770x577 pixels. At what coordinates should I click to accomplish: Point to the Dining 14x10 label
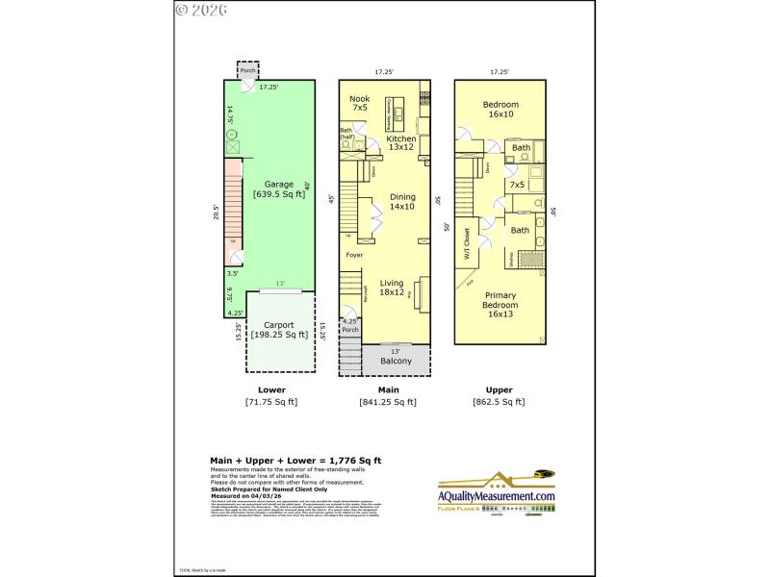click(x=402, y=202)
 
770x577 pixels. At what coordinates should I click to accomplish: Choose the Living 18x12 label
click(x=391, y=286)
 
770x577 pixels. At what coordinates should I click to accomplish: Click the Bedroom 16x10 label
click(x=500, y=109)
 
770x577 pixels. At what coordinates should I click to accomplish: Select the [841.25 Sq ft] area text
click(x=387, y=403)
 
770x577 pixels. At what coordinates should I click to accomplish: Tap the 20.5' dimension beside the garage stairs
click(x=217, y=212)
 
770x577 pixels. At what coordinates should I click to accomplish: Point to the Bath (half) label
click(x=346, y=134)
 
